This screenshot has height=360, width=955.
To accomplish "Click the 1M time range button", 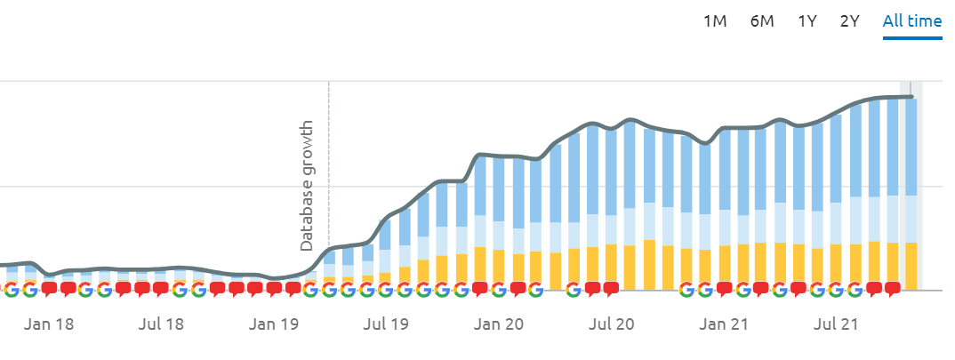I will click(x=715, y=21).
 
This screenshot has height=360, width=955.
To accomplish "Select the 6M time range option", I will click(x=762, y=21).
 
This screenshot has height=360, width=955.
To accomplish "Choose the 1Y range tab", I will click(x=807, y=21).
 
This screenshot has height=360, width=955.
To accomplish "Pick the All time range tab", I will click(x=912, y=21).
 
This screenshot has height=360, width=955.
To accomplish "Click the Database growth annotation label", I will click(x=307, y=185).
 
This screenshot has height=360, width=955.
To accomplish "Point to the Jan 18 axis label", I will click(x=51, y=324).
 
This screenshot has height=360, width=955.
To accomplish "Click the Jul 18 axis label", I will click(x=162, y=324).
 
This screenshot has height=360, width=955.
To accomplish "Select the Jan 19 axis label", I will click(x=273, y=324).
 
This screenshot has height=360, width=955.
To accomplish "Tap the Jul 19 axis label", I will click(x=387, y=324).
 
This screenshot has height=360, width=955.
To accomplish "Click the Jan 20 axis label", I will click(x=500, y=324).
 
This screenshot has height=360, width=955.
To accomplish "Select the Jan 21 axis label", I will click(x=725, y=324).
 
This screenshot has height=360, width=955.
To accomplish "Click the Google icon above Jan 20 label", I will click(x=498, y=289).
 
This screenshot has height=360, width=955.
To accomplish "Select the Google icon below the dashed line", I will click(x=329, y=289).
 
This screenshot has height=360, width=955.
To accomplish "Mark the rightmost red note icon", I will click(x=893, y=288).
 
